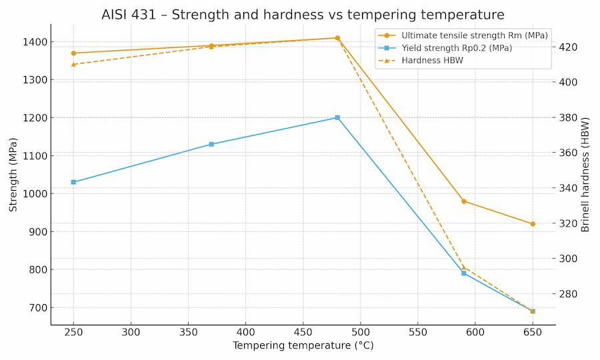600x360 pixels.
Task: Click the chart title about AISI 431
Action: (303, 15)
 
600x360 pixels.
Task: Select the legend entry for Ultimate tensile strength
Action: (474, 35)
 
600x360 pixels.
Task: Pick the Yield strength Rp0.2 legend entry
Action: (457, 48)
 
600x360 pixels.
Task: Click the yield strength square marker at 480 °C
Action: (337, 117)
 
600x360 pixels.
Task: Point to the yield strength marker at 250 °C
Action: (73, 182)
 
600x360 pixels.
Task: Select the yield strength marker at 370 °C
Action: (211, 144)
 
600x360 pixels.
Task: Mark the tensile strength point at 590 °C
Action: (464, 201)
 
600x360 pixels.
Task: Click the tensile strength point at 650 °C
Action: (533, 224)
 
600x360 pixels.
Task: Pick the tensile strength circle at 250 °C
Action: (73, 53)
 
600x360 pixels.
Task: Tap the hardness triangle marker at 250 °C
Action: (73, 64)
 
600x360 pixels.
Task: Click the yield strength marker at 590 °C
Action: (464, 273)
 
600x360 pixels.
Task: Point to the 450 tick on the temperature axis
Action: (303, 332)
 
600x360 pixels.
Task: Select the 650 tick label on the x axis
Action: (533, 332)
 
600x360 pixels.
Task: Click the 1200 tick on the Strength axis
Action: (33, 118)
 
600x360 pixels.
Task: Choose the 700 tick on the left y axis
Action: (36, 308)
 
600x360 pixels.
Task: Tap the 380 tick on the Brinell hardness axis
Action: (569, 118)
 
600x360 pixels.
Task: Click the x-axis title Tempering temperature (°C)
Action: (303, 346)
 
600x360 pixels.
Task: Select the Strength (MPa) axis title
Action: (13, 175)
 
